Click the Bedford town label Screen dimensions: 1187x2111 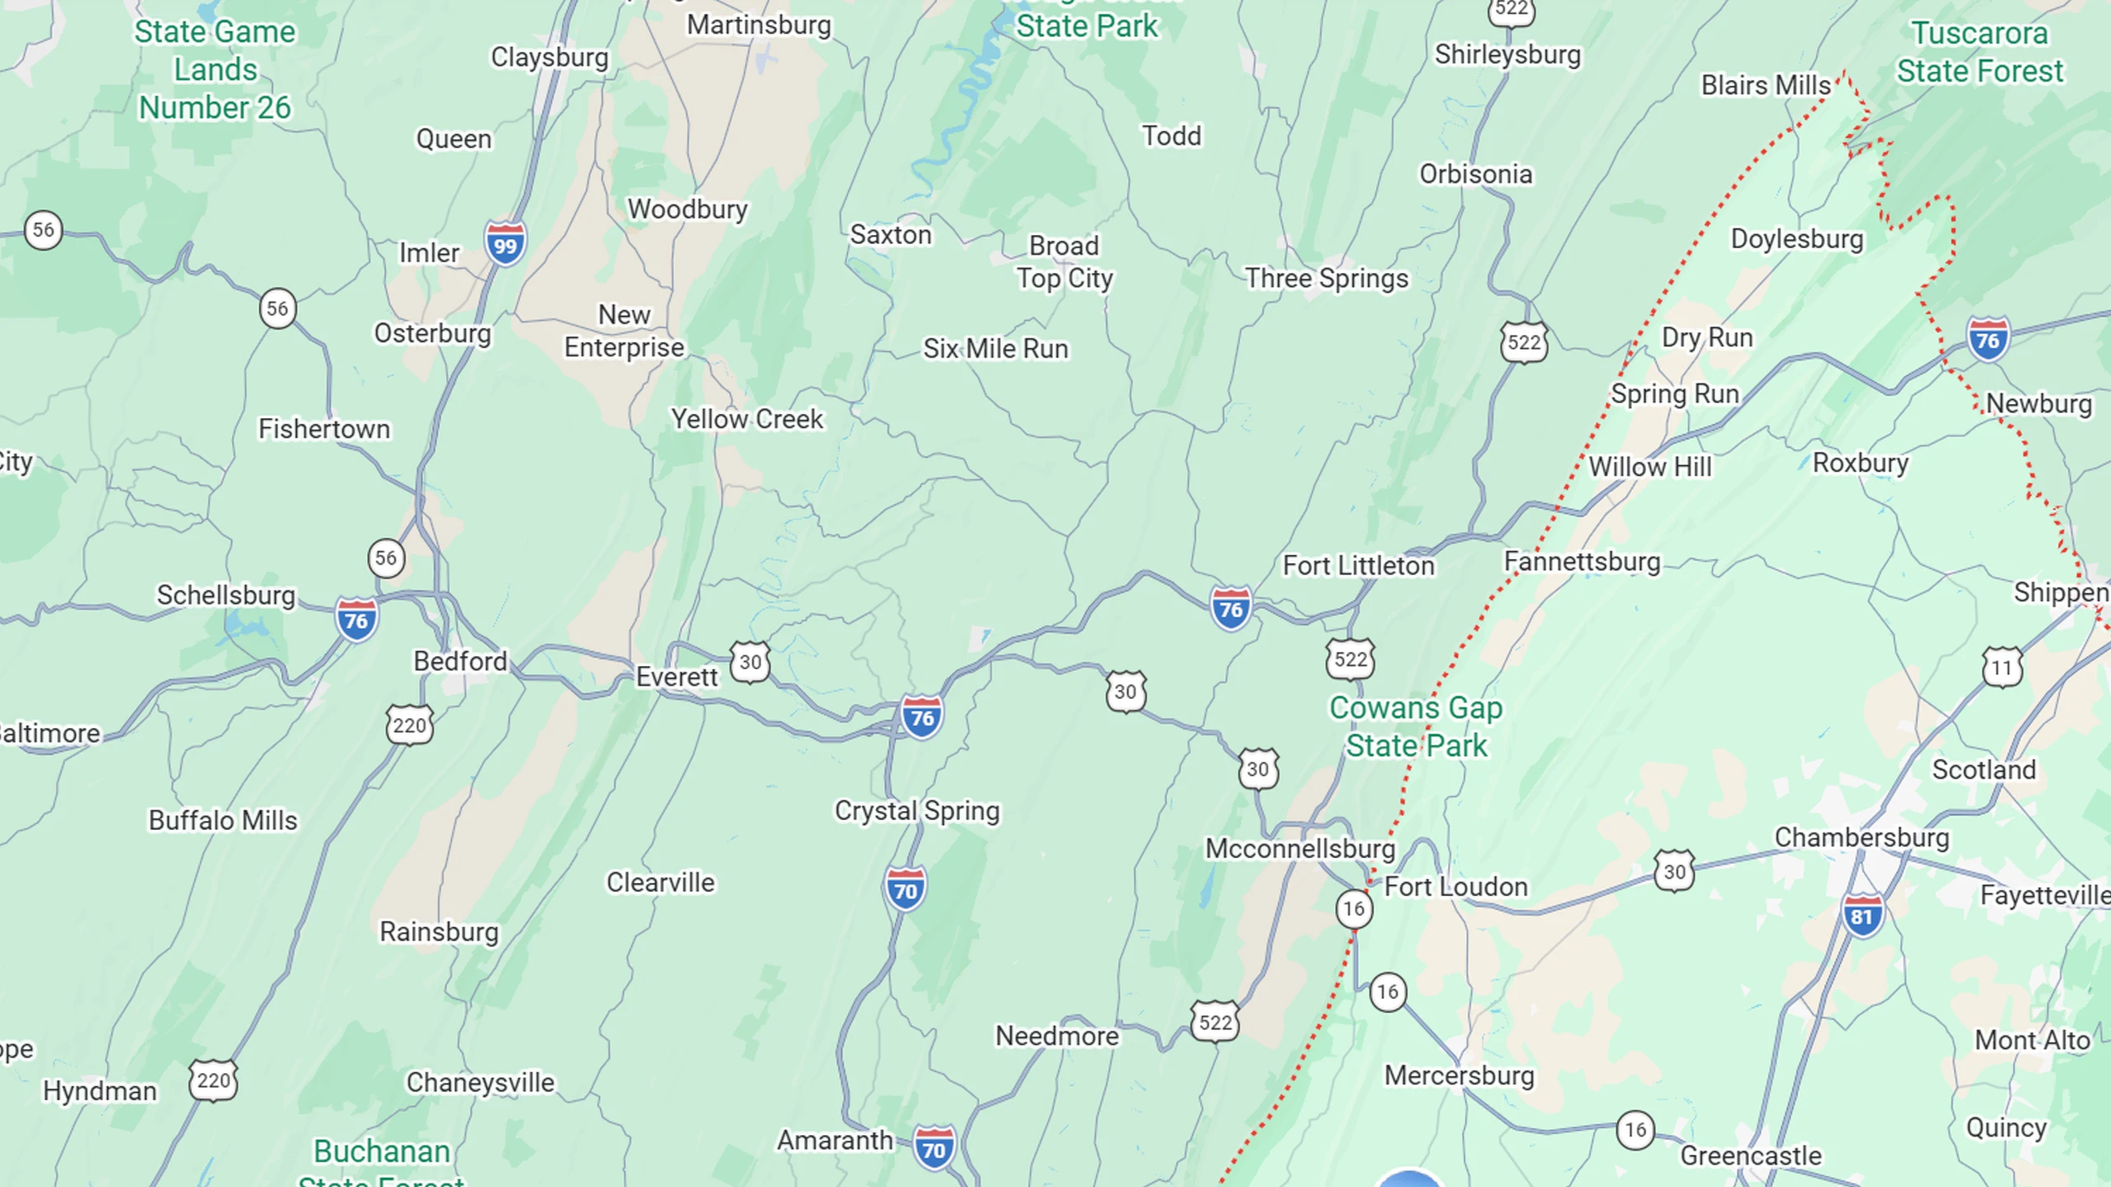point(460,661)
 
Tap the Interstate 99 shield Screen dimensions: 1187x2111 point(505,244)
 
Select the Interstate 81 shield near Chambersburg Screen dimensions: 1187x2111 point(1862,916)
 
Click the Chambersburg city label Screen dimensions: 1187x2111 point(1862,837)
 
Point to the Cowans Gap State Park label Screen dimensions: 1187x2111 point(1416,726)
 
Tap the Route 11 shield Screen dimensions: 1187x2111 point(2002,667)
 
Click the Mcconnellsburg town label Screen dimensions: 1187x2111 point(1300,848)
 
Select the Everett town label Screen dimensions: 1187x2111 point(677,677)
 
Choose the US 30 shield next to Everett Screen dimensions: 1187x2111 point(750,662)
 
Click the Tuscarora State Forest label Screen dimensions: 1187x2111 point(1980,52)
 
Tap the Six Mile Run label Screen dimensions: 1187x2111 point(995,349)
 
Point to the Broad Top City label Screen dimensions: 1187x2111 point(1065,262)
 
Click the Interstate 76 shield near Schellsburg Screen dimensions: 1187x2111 point(356,620)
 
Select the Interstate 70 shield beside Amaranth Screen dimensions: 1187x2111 point(933,1148)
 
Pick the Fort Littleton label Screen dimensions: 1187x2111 point(1358,565)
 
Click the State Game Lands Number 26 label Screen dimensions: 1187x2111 point(214,70)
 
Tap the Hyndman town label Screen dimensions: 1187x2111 point(100,1091)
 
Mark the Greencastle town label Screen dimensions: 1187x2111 point(1751,1156)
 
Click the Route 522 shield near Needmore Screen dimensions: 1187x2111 point(1215,1022)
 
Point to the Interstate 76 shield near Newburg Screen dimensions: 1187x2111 point(1987,339)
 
